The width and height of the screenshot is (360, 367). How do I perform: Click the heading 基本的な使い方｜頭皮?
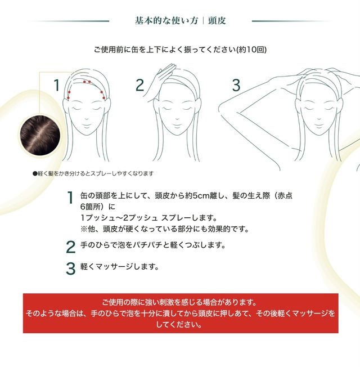tap(180, 21)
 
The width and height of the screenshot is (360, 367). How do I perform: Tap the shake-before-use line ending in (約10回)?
tap(180, 50)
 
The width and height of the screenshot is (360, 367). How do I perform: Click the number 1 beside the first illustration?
tap(56, 86)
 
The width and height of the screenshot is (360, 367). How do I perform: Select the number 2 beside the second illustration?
tap(140, 86)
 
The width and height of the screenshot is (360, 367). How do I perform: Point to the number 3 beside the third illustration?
tap(236, 86)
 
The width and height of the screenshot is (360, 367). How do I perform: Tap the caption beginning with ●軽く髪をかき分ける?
tap(93, 173)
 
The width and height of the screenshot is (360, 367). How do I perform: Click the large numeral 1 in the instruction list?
tap(70, 198)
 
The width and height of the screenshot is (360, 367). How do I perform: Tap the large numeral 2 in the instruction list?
tap(70, 247)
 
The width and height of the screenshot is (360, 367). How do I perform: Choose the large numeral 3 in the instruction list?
tap(70, 268)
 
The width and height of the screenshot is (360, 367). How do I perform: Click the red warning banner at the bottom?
tap(180, 313)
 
